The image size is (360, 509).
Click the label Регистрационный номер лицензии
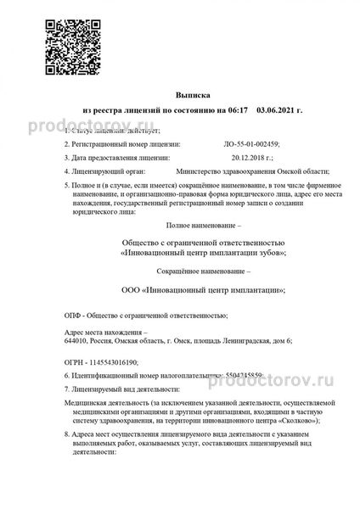coord(115,144)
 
